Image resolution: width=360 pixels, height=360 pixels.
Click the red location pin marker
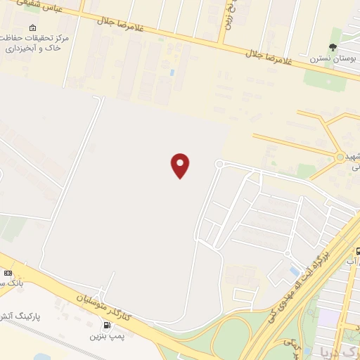click(x=180, y=165)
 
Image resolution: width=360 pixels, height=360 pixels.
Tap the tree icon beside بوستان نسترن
click(x=333, y=48)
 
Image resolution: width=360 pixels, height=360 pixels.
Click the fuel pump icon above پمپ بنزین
click(x=107, y=325)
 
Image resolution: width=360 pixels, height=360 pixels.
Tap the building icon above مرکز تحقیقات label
click(x=34, y=27)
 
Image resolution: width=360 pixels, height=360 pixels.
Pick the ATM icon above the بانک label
click(x=8, y=273)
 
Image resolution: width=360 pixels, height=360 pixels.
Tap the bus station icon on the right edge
click(x=357, y=251)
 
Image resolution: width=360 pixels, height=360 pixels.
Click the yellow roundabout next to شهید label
click(x=341, y=157)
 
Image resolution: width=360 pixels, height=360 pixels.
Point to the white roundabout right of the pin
click(x=219, y=165)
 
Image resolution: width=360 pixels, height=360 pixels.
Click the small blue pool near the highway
click(x=294, y=271)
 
